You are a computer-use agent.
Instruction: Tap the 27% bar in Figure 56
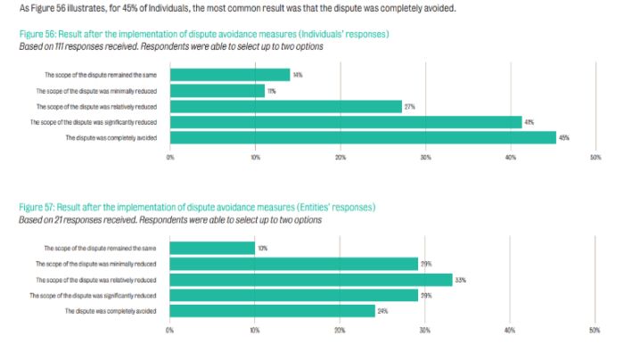point(285,106)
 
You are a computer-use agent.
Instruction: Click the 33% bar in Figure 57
point(311,279)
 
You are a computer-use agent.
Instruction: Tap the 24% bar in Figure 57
point(273,310)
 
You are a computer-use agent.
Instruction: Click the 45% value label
point(563,137)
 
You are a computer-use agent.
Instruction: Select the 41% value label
point(530,121)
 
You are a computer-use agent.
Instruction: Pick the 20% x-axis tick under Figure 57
point(340,330)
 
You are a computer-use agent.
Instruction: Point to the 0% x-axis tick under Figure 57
point(169,330)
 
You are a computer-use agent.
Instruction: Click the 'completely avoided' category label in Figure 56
point(114,137)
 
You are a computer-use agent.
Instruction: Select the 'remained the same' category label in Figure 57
point(103,248)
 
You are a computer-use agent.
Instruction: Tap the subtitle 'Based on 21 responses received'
point(170,218)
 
